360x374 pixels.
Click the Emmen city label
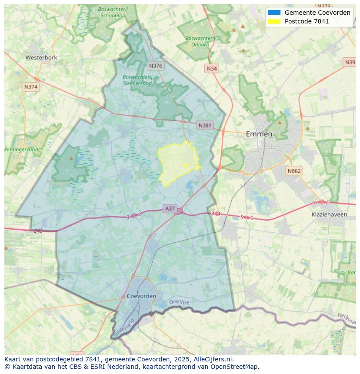[x=259, y=134]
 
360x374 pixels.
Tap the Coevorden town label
[x=142, y=296]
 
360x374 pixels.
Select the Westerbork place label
[x=41, y=57]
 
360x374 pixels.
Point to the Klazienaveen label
[x=329, y=215]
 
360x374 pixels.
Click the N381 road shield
[x=205, y=126]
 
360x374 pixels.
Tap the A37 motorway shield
[x=170, y=209]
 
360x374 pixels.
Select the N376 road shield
[x=155, y=66]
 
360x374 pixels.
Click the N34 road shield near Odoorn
[x=212, y=69]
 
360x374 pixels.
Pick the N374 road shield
[x=31, y=87]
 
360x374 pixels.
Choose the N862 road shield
[x=294, y=171]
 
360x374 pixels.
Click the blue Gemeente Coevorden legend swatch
[x=274, y=13]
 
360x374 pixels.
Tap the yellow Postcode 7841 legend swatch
[x=274, y=21]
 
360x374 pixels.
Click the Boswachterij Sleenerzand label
[x=137, y=80]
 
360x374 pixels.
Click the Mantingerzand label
[x=21, y=149]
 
